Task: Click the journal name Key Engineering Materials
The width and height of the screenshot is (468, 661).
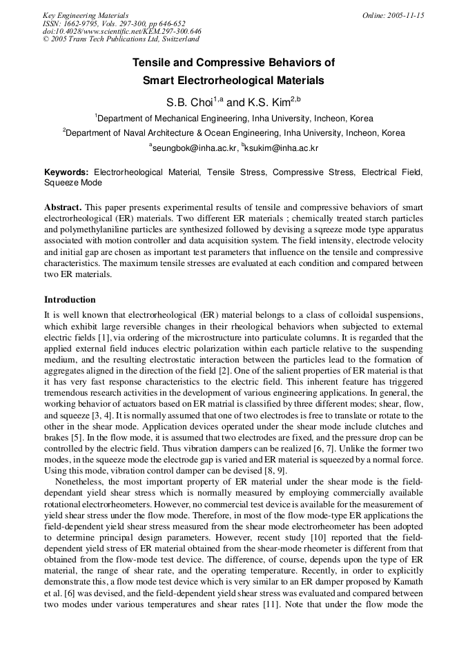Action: pyautogui.click(x=86, y=15)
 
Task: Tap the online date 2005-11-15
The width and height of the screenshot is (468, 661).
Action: pyautogui.click(x=404, y=15)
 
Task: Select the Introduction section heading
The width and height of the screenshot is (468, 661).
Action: pyautogui.click(x=70, y=300)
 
